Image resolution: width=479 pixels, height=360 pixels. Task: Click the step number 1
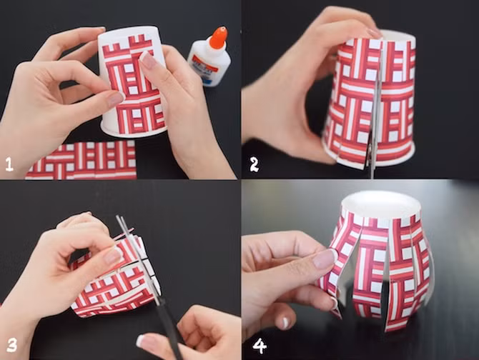click(x=9, y=164)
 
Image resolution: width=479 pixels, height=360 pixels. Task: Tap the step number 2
click(x=254, y=164)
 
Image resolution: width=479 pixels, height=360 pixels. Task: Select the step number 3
click(x=11, y=346)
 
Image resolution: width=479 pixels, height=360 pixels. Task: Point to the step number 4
click(x=260, y=346)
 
